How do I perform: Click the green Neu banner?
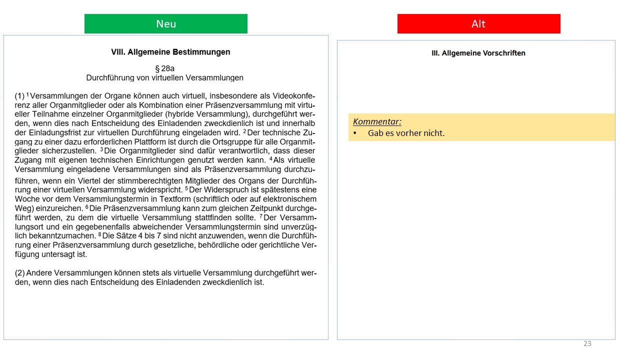[165, 24]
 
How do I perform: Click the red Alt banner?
[478, 24]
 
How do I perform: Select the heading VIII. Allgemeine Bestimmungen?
[170, 52]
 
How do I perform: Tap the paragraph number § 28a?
[165, 68]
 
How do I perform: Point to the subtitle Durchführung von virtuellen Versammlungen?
[165, 78]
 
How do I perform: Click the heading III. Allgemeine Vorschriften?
[478, 53]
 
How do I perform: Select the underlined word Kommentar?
[377, 121]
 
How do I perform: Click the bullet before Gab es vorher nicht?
[355, 133]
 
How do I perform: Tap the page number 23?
[587, 343]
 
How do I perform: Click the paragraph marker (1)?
[19, 95]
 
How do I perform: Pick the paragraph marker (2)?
[19, 273]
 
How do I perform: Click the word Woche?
[27, 199]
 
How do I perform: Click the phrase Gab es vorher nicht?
[406, 133]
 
